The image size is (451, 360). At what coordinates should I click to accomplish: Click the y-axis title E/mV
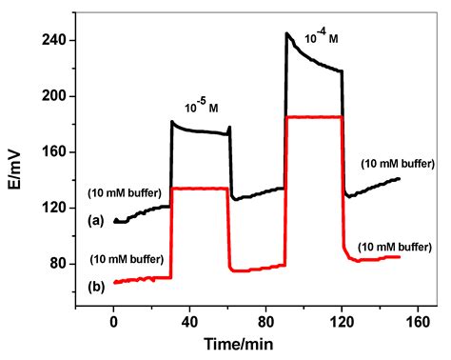coord(16,151)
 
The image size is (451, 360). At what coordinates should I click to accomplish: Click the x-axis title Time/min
coord(245,341)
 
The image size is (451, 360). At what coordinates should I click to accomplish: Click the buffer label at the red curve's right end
coord(392,247)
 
